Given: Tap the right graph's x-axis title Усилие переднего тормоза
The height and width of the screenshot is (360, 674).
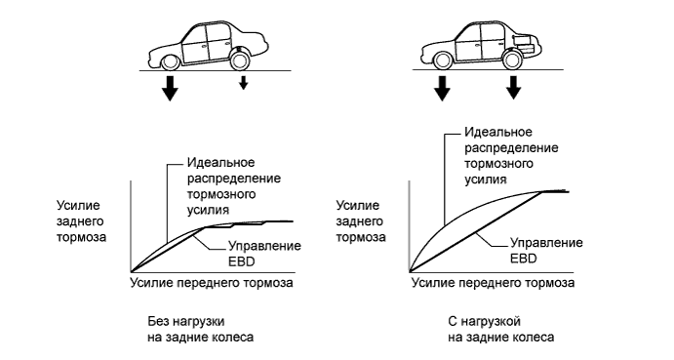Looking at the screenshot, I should click(493, 282).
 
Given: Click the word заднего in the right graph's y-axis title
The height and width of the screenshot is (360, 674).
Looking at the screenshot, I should click(358, 220).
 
